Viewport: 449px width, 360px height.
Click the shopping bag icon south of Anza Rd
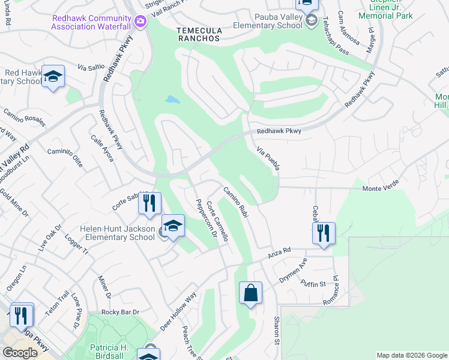point(251,293)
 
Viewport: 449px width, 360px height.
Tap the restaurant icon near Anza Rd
point(324,232)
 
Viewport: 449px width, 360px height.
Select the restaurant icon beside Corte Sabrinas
point(149,203)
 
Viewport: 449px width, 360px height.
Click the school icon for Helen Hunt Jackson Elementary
point(173,226)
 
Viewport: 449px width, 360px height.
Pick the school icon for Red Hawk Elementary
point(53,76)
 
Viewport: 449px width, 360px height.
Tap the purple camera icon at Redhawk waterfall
point(140,22)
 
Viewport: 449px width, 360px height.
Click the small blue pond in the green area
point(172,99)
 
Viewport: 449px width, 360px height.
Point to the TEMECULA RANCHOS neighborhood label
point(199,34)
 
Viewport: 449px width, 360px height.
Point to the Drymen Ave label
point(293,271)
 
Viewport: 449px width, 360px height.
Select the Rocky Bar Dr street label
point(120,312)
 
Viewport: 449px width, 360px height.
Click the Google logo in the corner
point(20,353)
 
